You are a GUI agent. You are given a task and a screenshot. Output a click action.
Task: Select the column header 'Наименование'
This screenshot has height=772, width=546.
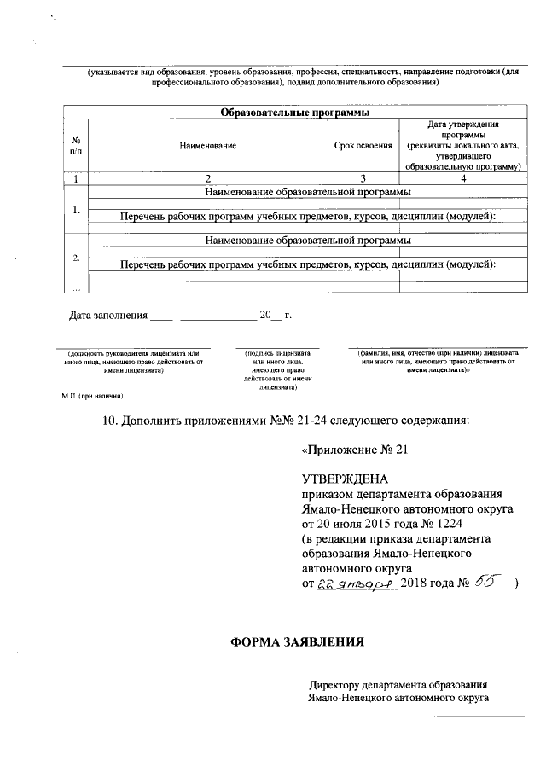tap(207, 146)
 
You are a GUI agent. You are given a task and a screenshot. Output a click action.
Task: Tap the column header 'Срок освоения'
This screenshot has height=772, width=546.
tap(363, 146)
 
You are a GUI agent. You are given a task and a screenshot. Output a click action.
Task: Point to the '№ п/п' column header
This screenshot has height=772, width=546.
tap(76, 146)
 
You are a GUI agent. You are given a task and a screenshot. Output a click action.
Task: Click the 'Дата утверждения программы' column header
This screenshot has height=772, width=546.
tap(462, 146)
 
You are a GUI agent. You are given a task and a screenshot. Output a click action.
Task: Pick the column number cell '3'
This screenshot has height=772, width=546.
tap(363, 178)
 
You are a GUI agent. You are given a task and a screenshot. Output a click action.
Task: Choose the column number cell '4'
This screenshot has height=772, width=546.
tap(462, 178)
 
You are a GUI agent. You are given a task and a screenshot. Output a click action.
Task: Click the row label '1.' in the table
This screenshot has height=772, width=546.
tap(76, 209)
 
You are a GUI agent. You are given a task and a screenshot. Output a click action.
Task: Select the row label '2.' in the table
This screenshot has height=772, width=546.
tap(76, 257)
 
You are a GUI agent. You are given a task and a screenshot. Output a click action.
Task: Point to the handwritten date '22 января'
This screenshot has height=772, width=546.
tap(351, 583)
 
